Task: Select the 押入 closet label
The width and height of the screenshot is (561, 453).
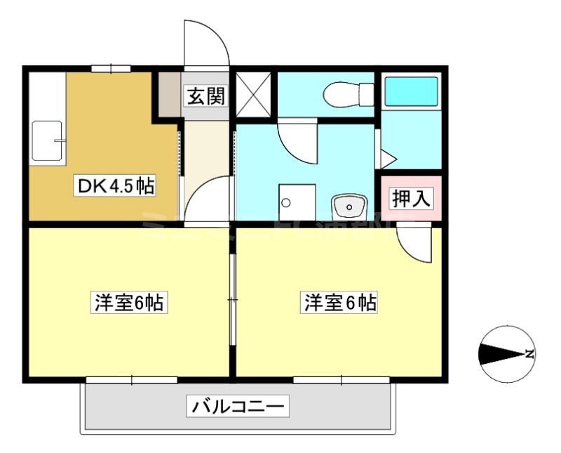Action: pyautogui.click(x=410, y=199)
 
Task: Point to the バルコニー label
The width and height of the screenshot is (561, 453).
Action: pyautogui.click(x=237, y=405)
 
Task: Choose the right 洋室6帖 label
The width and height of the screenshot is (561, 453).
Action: pyautogui.click(x=339, y=303)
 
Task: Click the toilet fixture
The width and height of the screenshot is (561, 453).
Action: pyautogui.click(x=346, y=93)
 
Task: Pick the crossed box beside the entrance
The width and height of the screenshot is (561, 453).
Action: pyautogui.click(x=252, y=94)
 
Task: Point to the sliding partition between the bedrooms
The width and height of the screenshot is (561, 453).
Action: pyautogui.click(x=233, y=300)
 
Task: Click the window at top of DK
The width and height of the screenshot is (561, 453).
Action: pyautogui.click(x=111, y=68)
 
